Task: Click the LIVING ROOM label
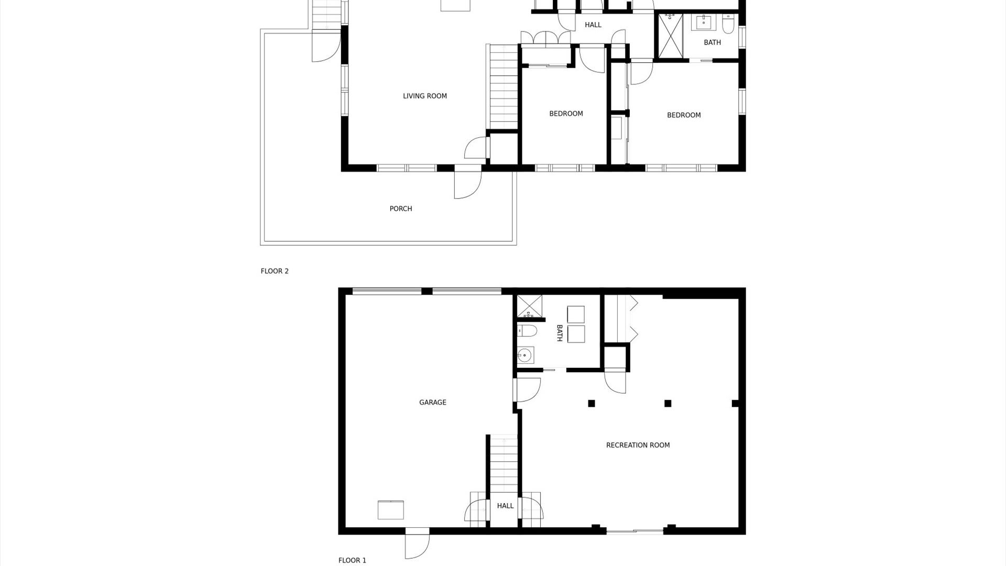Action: pyautogui.click(x=424, y=96)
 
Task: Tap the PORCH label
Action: pyautogui.click(x=400, y=209)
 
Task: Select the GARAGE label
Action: pyautogui.click(x=432, y=402)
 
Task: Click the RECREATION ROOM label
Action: pyautogui.click(x=638, y=445)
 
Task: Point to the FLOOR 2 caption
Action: pyautogui.click(x=275, y=271)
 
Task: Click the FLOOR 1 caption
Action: pyautogui.click(x=352, y=560)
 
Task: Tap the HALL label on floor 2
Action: pyautogui.click(x=593, y=25)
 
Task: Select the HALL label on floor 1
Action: pyautogui.click(x=505, y=506)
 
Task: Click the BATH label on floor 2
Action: pyautogui.click(x=712, y=42)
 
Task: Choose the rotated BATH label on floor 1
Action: pyautogui.click(x=559, y=333)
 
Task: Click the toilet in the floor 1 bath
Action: pyautogui.click(x=527, y=331)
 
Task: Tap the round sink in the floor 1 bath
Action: pyautogui.click(x=524, y=356)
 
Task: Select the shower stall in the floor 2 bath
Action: pyautogui.click(x=670, y=35)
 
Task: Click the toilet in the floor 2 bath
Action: pyautogui.click(x=728, y=24)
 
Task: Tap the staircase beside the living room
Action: pyautogui.click(x=504, y=86)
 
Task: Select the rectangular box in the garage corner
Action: pyautogui.click(x=391, y=510)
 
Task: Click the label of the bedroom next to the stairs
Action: pyautogui.click(x=566, y=114)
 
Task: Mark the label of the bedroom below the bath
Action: pyautogui.click(x=683, y=115)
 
